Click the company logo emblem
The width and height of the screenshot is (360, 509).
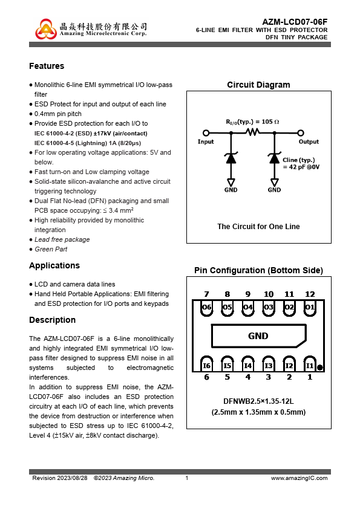46,29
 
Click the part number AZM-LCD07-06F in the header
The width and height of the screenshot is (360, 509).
295,22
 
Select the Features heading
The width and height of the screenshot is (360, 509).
47,66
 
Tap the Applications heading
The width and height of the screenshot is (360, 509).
54,265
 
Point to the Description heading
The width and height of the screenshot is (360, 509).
52,320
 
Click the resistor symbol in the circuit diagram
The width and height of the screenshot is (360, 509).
253,132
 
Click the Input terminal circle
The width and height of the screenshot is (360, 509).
206,133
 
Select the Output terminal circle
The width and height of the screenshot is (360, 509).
301,133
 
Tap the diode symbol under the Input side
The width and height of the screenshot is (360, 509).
231,157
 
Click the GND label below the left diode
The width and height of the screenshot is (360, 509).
231,190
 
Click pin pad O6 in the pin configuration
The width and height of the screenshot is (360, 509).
207,308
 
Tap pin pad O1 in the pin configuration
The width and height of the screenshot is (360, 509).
310,308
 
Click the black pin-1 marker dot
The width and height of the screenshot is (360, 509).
319,368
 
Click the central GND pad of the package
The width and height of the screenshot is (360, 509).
258,336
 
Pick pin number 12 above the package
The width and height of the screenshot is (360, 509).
310,294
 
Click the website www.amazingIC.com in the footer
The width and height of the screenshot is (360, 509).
299,478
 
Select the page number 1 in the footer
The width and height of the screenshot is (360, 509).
187,478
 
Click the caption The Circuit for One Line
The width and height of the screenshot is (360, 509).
258,226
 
